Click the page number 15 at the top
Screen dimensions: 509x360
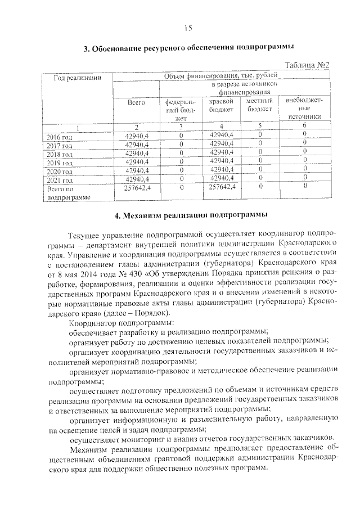(x=188, y=28)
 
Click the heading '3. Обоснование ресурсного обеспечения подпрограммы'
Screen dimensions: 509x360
(x=188, y=48)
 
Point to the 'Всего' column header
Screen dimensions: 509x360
(x=136, y=102)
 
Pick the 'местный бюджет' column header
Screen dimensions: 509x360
(x=259, y=105)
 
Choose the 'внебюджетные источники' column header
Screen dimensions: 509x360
(x=304, y=109)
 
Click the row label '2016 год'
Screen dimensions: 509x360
(x=60, y=137)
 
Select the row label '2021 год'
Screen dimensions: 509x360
(x=60, y=181)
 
